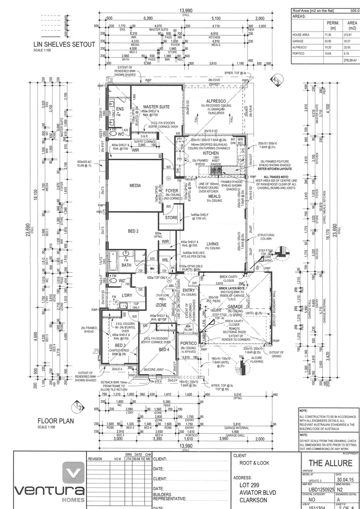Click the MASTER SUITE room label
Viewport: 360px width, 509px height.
tap(156, 107)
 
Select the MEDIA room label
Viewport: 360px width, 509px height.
tap(135, 186)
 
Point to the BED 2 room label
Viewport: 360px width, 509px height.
tap(133, 231)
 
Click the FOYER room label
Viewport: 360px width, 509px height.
tap(172, 191)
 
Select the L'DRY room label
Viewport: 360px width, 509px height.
tap(126, 295)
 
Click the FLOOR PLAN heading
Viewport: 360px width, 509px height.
tap(56, 421)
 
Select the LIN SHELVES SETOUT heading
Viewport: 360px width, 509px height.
tap(64, 45)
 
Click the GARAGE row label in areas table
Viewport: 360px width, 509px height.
tap(298, 41)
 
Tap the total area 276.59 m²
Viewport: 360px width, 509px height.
tap(350, 61)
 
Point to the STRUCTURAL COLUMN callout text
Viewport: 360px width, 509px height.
tap(266, 237)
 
